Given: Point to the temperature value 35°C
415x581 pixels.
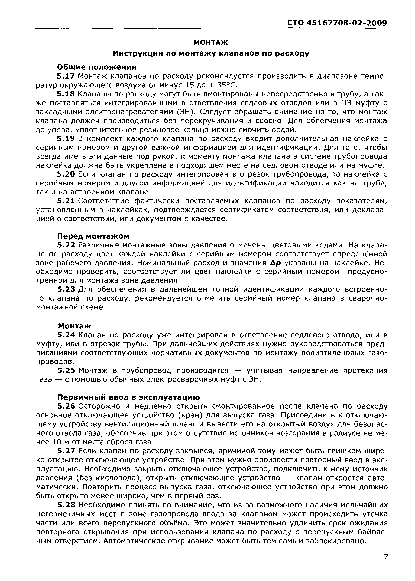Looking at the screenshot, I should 227,85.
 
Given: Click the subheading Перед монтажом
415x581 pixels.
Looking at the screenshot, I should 93,236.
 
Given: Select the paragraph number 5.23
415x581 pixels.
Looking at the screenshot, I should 66,289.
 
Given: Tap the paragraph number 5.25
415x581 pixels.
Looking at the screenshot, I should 66,371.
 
